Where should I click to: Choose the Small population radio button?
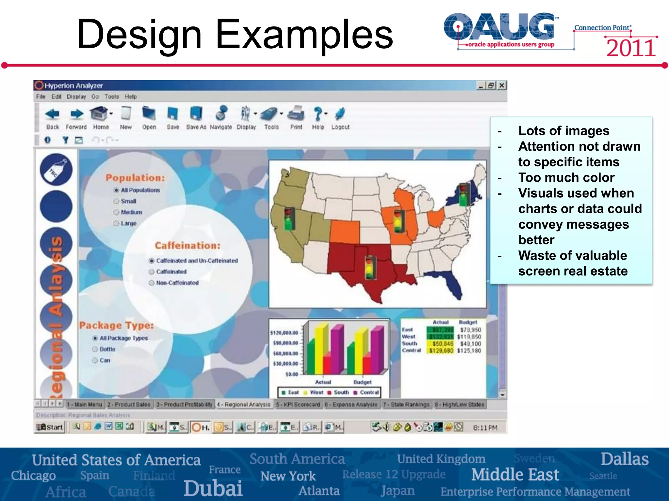click(116, 201)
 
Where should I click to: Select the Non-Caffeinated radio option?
click(152, 283)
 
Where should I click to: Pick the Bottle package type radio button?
click(95, 349)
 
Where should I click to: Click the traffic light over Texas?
click(370, 267)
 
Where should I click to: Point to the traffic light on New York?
click(463, 195)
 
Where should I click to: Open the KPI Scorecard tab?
click(298, 404)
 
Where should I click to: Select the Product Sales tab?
click(129, 404)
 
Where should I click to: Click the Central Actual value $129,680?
click(441, 351)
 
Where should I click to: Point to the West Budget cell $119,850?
click(469, 337)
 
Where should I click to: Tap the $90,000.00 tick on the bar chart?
click(286, 343)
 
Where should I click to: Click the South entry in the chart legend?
click(338, 392)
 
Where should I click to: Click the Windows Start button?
click(50, 427)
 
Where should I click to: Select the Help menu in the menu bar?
click(130, 97)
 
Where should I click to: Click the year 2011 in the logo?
click(630, 48)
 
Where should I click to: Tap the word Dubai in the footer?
click(213, 488)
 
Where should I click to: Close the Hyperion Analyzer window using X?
click(502, 85)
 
